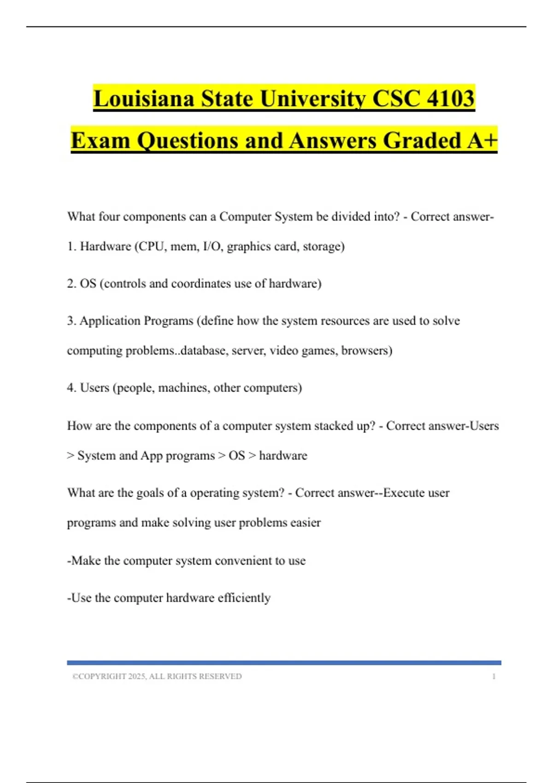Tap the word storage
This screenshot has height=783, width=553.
pos(321,246)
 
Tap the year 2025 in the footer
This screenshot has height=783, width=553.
pos(136,677)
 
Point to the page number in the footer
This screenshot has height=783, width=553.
pos(494,677)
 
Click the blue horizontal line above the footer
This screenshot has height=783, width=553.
pos(284,663)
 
